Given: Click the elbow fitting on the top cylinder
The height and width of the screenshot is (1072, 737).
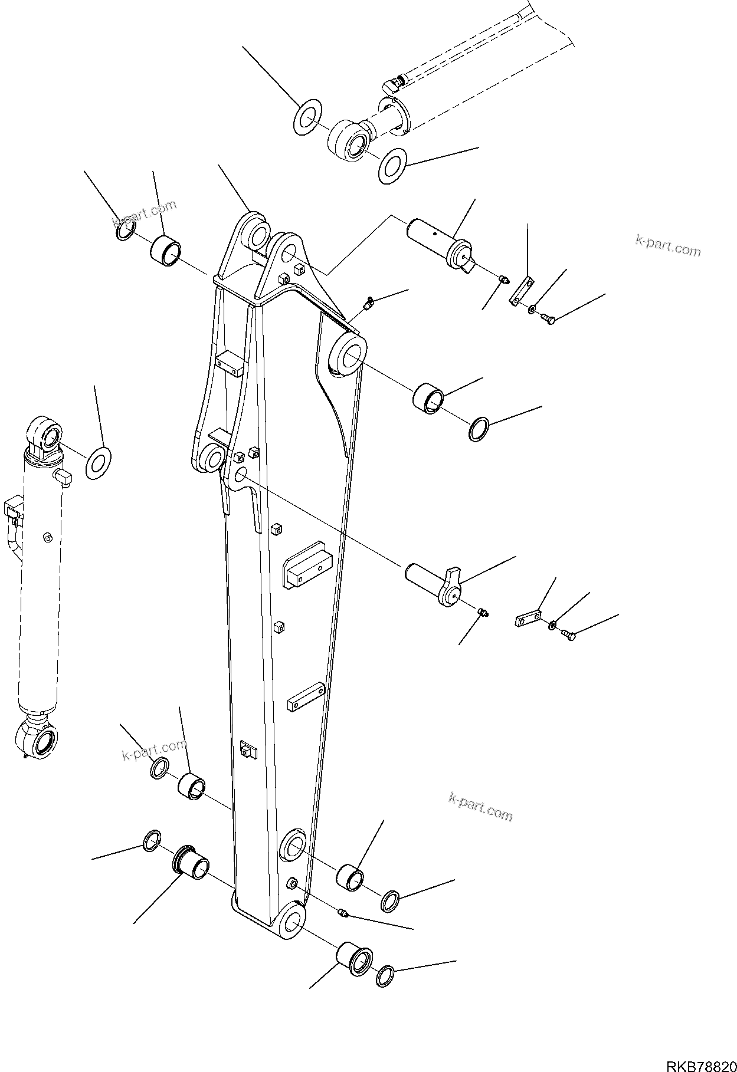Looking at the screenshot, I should (x=392, y=85).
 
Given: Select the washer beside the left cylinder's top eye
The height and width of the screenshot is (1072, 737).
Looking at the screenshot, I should (x=99, y=463).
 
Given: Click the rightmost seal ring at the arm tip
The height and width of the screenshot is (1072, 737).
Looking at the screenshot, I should (x=387, y=976).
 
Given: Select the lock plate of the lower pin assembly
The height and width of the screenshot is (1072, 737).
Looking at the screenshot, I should (x=528, y=619).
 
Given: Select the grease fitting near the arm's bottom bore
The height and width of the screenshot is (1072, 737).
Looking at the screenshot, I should (x=343, y=913).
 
